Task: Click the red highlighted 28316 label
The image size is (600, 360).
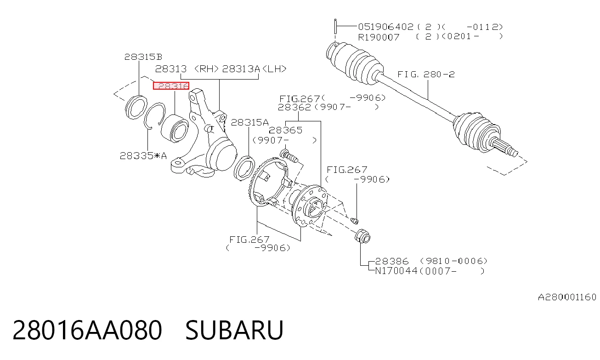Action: coord(171,86)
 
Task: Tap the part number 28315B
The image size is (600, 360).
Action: coord(143,57)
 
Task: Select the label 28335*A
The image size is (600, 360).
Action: coord(143,155)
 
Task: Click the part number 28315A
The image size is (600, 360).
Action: coord(249,122)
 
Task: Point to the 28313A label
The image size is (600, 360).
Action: coord(241,69)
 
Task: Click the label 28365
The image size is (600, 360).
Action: coord(285,130)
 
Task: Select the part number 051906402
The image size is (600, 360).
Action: coord(386,27)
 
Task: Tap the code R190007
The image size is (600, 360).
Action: coord(379,37)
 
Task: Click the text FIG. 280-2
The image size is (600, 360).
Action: coord(426,74)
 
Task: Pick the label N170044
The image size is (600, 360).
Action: coord(396,271)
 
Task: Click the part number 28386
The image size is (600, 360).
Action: coord(391,261)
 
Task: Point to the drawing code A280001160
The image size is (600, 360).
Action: coord(567,297)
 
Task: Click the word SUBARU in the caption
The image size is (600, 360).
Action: coord(234,330)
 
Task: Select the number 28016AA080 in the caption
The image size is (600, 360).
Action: coord(87,330)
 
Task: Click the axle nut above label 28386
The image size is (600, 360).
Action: coord(362,236)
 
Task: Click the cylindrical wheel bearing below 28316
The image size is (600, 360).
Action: coord(175,129)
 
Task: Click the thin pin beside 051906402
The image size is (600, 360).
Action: coord(335,26)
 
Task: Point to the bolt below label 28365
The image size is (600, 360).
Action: coord(289,156)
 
